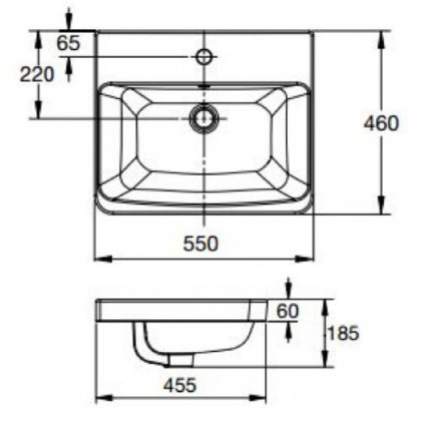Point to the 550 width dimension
coord(201,244)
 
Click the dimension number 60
coord(288,311)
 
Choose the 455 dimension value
coord(180,385)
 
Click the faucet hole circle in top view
coord(204,56)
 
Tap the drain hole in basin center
coord(203,119)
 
